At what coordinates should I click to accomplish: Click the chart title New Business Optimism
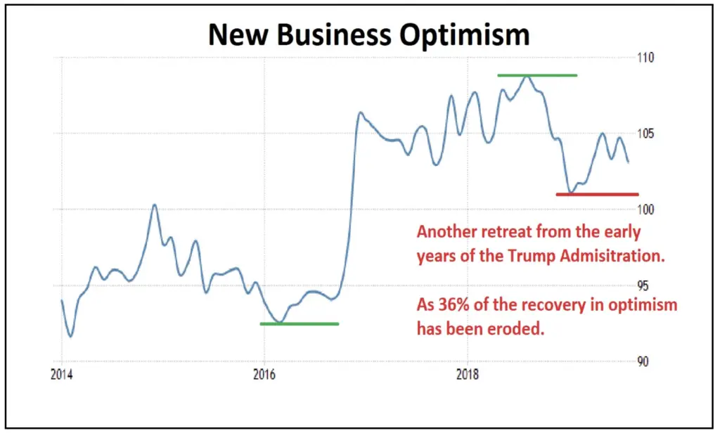(x=368, y=35)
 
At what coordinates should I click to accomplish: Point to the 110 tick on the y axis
(x=645, y=58)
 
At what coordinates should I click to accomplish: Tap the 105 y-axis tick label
(x=645, y=134)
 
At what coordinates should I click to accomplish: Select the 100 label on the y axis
(x=645, y=209)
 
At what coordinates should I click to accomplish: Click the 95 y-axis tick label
(x=643, y=285)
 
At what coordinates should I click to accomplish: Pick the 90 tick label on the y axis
(x=643, y=361)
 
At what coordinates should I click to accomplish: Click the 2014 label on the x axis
(x=62, y=375)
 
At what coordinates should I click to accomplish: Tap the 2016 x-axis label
(x=264, y=375)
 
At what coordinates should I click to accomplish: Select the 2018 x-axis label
(x=468, y=375)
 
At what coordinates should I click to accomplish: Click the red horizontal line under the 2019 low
(x=597, y=194)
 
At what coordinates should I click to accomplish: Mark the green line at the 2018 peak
(x=537, y=75)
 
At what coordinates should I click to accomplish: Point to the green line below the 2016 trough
(x=300, y=324)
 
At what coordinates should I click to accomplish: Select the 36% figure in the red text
(x=454, y=304)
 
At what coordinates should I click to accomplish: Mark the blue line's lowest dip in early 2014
(x=70, y=336)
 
